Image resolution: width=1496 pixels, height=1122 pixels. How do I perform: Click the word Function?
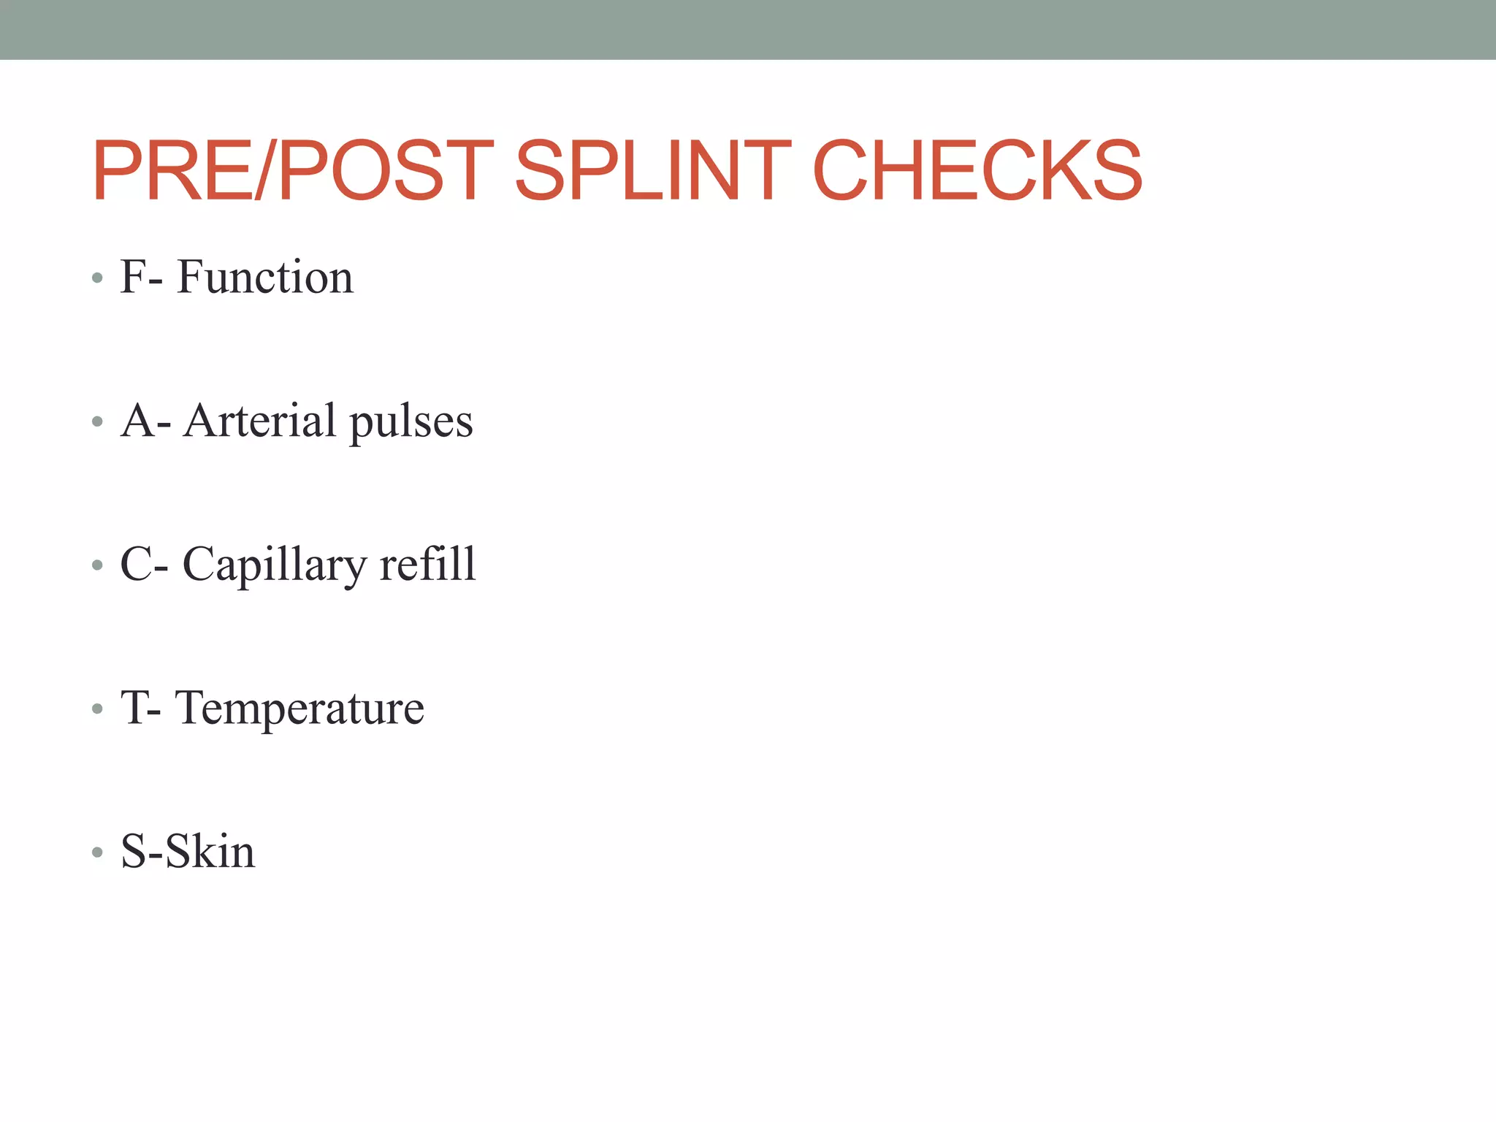pyautogui.click(x=264, y=278)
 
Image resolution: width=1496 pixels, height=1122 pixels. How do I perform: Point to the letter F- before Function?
pyautogui.click(x=141, y=278)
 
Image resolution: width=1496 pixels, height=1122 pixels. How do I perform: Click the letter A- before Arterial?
pyautogui.click(x=145, y=421)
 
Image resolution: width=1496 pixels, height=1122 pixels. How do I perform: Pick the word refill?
pyautogui.click(x=428, y=565)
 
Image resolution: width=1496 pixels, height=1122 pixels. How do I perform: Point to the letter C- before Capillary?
pyautogui.click(x=144, y=565)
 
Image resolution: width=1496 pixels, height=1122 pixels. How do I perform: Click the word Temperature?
pyautogui.click(x=299, y=709)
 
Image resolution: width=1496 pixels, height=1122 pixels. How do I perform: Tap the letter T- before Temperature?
pyautogui.click(x=141, y=709)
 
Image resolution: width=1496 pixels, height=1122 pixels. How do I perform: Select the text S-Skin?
pyautogui.click(x=188, y=852)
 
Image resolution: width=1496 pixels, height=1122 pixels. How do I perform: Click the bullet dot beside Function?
pyautogui.click(x=97, y=278)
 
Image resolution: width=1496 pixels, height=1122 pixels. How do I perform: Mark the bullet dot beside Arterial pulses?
pyautogui.click(x=97, y=422)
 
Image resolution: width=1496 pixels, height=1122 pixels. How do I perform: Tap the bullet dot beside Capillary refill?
pyautogui.click(x=97, y=565)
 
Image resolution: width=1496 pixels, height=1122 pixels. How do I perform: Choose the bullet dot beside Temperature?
pyautogui.click(x=97, y=709)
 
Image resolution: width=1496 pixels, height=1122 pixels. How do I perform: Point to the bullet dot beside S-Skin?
pyautogui.click(x=97, y=852)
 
